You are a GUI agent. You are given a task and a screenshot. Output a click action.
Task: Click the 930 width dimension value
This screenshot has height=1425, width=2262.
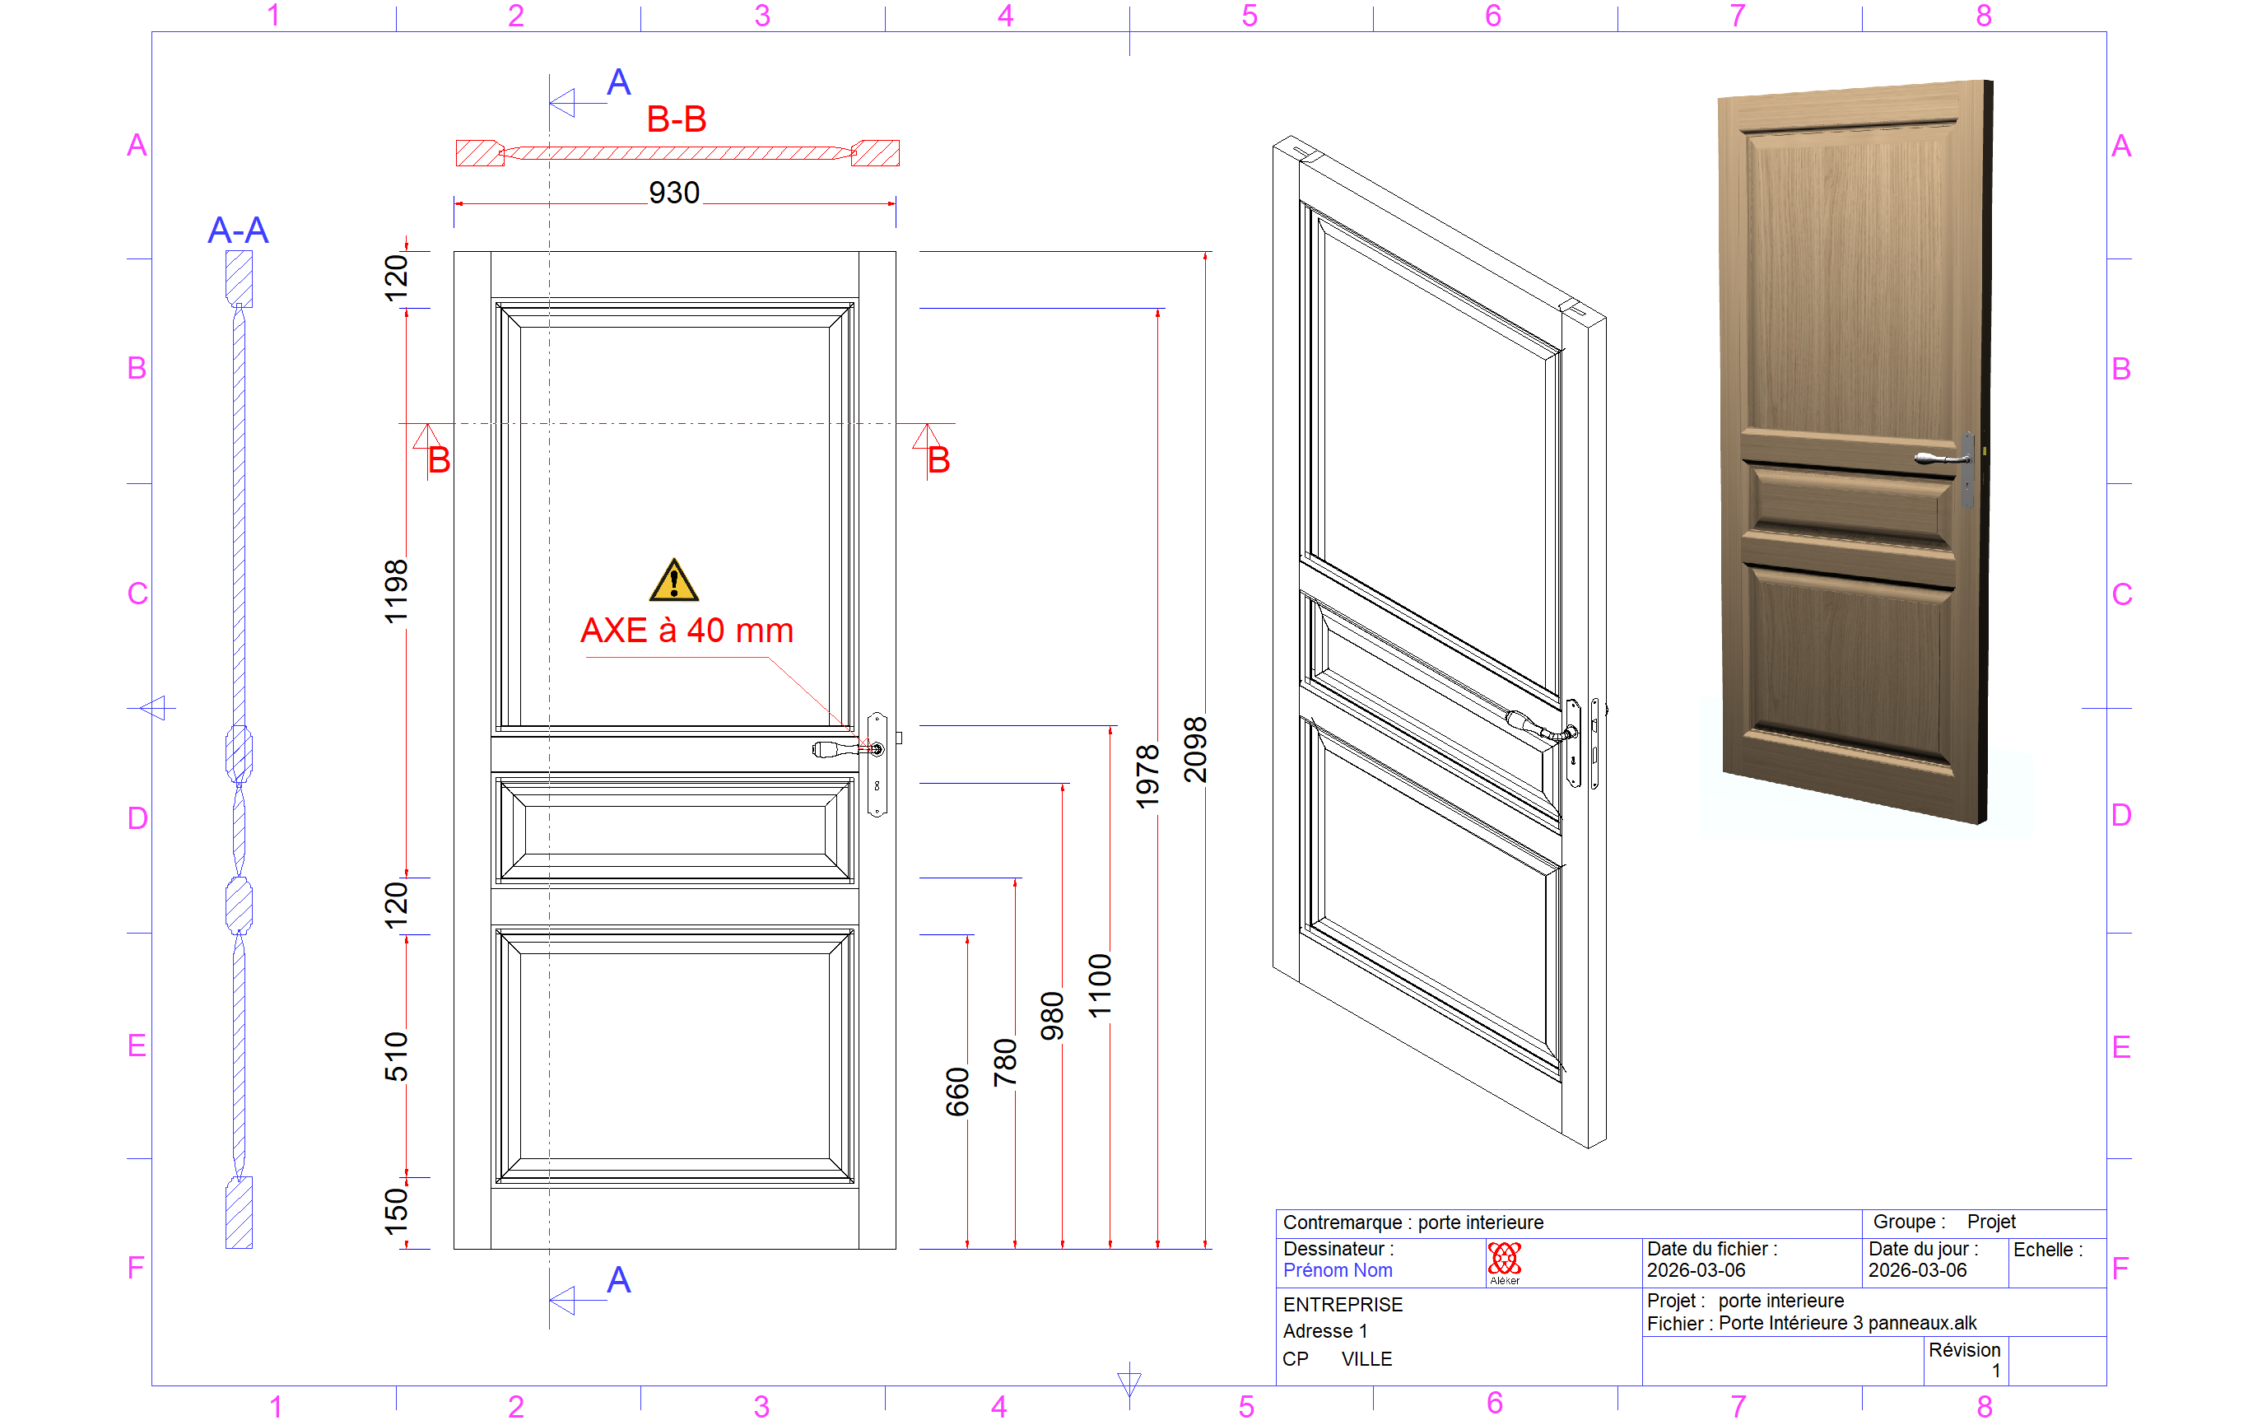tap(673, 193)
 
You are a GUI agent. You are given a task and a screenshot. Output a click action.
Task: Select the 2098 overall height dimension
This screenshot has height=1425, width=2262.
tap(1195, 750)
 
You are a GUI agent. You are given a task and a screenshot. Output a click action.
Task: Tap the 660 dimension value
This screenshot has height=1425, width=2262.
tap(957, 1092)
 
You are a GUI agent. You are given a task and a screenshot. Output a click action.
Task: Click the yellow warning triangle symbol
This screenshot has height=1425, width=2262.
tap(673, 581)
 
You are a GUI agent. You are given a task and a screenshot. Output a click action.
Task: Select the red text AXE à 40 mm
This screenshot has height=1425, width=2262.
tap(687, 631)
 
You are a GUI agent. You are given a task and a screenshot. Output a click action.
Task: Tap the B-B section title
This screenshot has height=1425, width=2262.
tap(677, 119)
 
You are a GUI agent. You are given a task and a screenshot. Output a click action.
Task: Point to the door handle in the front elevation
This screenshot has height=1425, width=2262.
tap(847, 748)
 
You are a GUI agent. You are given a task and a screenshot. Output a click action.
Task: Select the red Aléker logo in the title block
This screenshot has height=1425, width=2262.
tap(1504, 1261)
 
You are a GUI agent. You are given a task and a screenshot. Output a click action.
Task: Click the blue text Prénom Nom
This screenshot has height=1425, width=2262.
tap(1338, 1271)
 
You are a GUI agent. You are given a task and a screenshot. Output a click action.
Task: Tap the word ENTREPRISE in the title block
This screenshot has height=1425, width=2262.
tap(1343, 1305)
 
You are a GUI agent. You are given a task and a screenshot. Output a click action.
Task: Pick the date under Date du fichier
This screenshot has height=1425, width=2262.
tap(1696, 1271)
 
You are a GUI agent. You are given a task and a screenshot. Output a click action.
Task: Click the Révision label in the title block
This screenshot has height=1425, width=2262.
tap(1964, 1350)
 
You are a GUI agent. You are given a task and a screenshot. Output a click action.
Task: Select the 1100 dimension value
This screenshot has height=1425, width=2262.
tap(1100, 985)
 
